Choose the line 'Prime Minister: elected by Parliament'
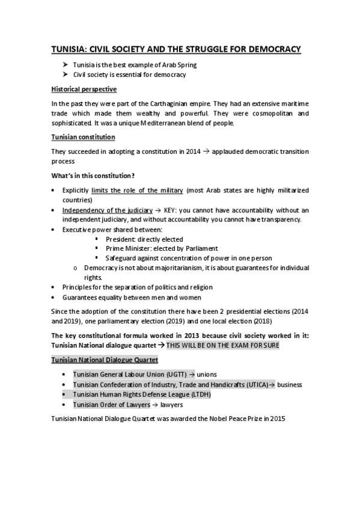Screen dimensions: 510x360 (161, 248)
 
